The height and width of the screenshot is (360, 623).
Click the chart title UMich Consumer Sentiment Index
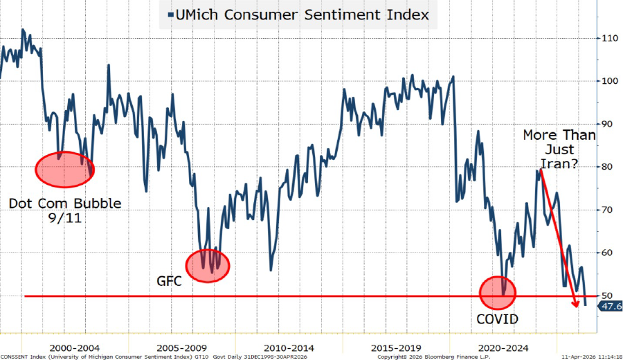click(302, 15)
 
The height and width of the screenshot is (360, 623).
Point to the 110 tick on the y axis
click(608, 38)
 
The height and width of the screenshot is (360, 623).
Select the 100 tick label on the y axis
click(608, 81)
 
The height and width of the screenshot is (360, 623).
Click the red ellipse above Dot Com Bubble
click(64, 170)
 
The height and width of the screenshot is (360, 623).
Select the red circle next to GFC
click(207, 264)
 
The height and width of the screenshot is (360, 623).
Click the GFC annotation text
click(168, 281)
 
